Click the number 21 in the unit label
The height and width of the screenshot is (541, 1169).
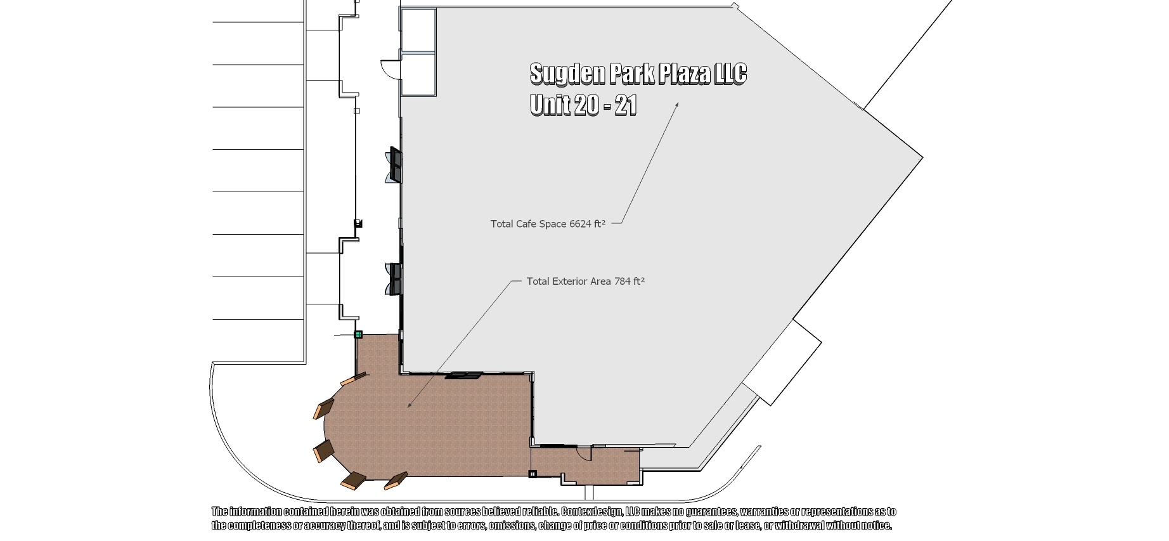[625, 105]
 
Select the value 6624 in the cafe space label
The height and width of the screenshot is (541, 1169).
[579, 224]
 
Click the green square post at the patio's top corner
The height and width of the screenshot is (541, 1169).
[358, 334]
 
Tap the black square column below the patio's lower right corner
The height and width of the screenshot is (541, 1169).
[533, 473]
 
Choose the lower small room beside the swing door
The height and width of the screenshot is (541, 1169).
[418, 74]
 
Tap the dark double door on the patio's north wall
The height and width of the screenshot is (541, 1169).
[463, 376]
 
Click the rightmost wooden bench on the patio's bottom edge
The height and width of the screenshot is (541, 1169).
[397, 481]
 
